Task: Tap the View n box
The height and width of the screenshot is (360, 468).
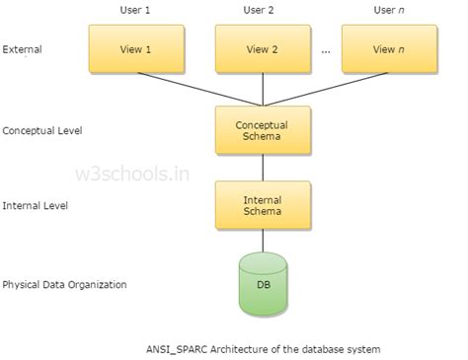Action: click(x=383, y=47)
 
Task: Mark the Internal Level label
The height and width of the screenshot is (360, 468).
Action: click(x=31, y=205)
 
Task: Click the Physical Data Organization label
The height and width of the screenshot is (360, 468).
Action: click(x=63, y=285)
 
